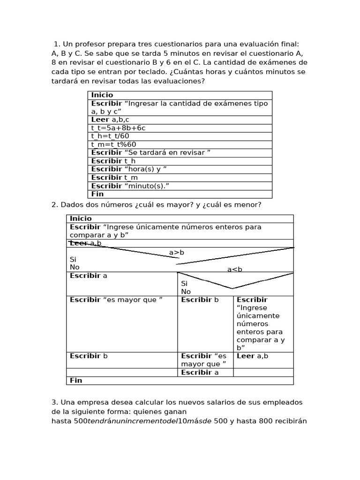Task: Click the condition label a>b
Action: coord(177,253)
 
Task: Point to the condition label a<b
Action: coord(235,269)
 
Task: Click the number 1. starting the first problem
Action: coord(57,44)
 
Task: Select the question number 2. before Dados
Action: coord(54,205)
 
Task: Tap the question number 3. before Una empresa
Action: coord(54,403)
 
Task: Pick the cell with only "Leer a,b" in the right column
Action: coord(253,356)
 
